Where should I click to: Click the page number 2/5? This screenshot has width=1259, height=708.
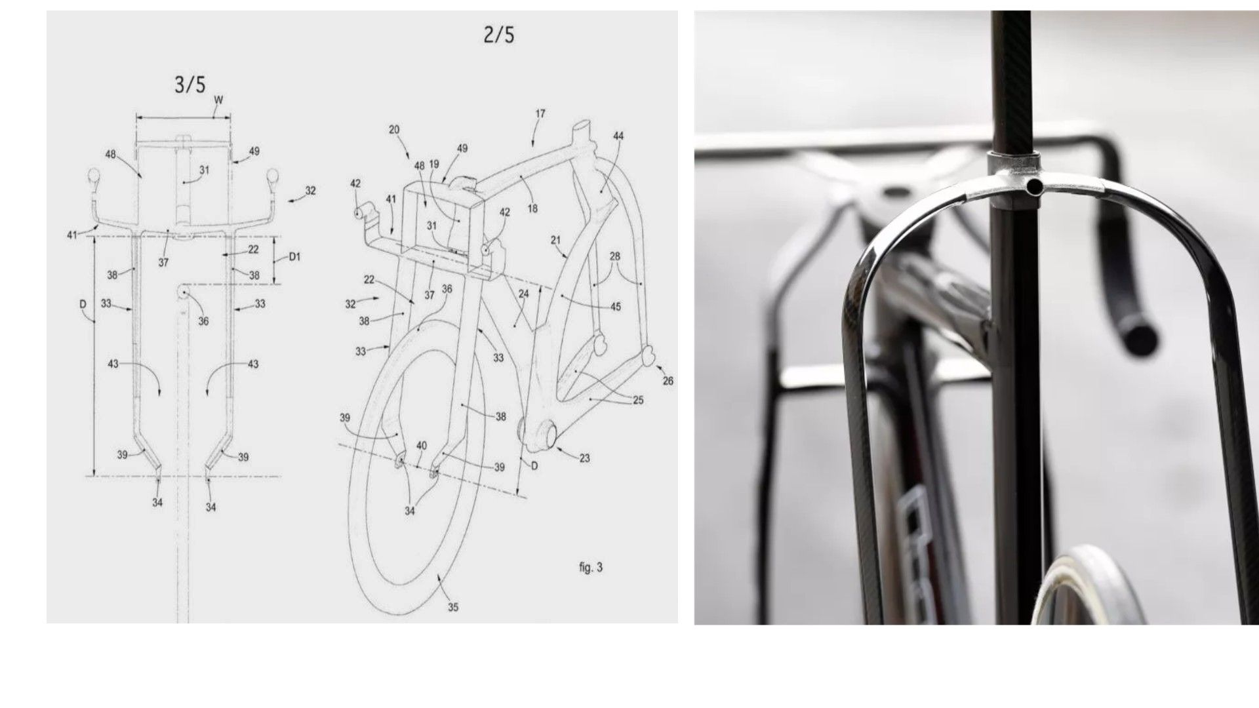pos(498,35)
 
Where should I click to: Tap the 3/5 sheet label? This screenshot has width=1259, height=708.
pos(190,84)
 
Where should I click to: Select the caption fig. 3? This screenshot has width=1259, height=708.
pos(590,568)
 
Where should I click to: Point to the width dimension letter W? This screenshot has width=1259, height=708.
pos(218,100)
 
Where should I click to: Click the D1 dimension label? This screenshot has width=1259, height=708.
pos(294,257)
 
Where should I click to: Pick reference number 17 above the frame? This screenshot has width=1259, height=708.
pos(540,113)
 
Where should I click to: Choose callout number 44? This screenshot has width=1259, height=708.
pos(618,136)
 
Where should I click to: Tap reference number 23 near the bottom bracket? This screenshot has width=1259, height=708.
pos(584,459)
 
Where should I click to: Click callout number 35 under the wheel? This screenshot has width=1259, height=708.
pos(453,608)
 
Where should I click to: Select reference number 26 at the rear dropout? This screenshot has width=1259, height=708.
pos(668,381)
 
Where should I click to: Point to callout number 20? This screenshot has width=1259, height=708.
pos(394,130)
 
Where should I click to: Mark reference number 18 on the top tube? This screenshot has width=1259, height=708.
pos(532,208)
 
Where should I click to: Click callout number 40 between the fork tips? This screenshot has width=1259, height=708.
pos(422,446)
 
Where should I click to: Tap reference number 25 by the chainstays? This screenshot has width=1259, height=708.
pos(638,401)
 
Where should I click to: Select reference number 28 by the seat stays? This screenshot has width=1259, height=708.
pos(614,256)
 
